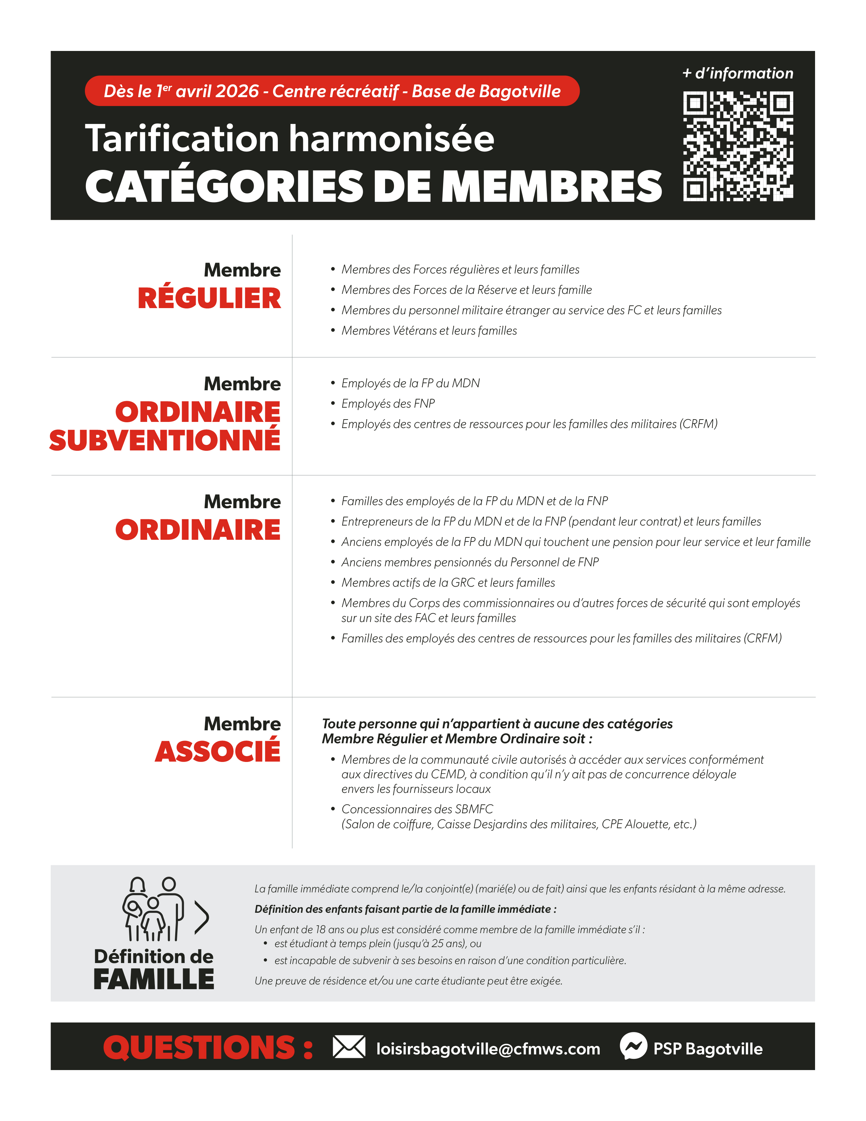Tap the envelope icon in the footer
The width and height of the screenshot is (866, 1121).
click(x=349, y=1047)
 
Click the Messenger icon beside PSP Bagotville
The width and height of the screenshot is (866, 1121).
click(x=633, y=1046)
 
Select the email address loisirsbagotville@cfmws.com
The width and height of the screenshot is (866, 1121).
click(x=488, y=1049)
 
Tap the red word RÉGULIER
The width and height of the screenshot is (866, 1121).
click(x=209, y=298)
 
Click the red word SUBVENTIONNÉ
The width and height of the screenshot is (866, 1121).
click(x=165, y=440)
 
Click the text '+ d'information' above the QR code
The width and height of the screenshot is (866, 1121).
click(x=738, y=73)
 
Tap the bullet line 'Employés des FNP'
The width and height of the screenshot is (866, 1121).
click(x=388, y=404)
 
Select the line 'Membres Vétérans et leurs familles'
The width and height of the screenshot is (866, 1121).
click(x=429, y=331)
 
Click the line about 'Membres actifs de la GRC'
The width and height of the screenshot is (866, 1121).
click(x=448, y=583)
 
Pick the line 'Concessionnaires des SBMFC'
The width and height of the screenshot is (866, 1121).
click(x=417, y=809)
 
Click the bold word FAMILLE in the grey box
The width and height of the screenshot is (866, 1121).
click(x=154, y=979)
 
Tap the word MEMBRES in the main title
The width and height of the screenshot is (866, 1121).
click(x=552, y=186)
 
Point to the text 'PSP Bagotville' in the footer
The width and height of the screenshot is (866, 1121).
click(x=707, y=1049)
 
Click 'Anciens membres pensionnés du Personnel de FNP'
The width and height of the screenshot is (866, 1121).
click(x=470, y=562)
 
